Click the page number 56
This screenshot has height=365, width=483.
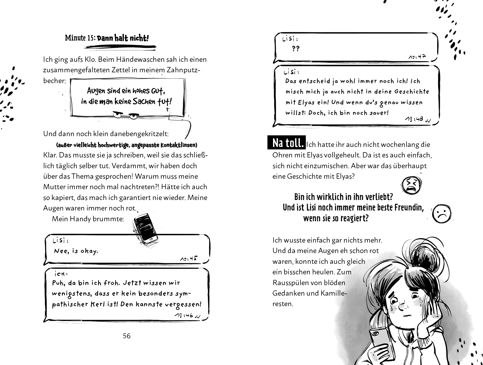click(x=126, y=336)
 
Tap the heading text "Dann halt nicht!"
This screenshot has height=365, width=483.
click(x=123, y=38)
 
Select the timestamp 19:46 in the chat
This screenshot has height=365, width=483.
click(x=185, y=315)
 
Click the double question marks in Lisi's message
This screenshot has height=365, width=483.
click(x=296, y=49)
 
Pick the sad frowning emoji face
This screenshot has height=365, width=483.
click(x=442, y=214)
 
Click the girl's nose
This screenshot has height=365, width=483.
click(x=402, y=306)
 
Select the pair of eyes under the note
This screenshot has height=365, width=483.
click(x=125, y=116)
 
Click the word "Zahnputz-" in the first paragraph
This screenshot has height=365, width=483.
click(x=179, y=70)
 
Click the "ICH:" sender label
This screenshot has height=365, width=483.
click(x=61, y=274)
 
